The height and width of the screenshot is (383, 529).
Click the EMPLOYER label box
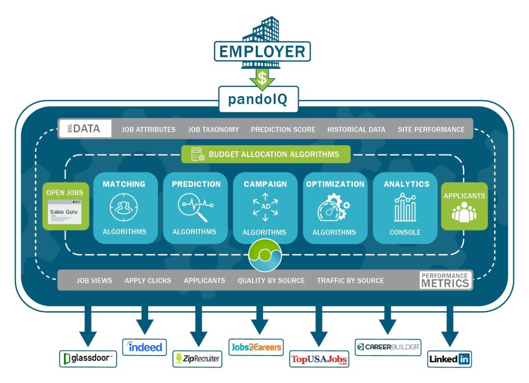click(262, 52)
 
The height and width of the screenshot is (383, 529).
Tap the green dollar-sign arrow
click(262, 79)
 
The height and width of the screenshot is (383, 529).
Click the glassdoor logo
click(88, 359)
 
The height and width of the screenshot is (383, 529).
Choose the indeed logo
click(145, 347)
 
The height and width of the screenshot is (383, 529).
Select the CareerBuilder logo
click(387, 347)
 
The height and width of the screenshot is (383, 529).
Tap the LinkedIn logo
click(450, 359)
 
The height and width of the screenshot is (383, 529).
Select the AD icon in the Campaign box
click(266, 207)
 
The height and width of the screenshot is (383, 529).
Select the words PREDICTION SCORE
click(283, 130)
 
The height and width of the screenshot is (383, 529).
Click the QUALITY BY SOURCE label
click(271, 281)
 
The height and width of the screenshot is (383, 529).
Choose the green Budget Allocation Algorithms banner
click(266, 154)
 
